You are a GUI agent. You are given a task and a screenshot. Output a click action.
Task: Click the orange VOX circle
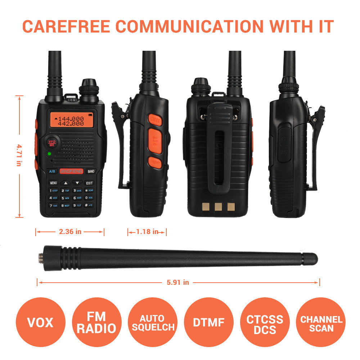coord(40,322)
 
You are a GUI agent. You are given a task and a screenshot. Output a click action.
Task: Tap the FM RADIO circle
coord(96,322)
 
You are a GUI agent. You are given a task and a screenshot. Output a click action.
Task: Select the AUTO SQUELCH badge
coord(152,322)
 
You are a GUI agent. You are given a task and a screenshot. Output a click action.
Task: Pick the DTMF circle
coord(208,322)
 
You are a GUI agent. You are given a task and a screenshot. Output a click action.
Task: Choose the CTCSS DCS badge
coord(265,322)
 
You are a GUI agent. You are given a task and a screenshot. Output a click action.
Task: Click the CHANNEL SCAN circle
coord(321,322)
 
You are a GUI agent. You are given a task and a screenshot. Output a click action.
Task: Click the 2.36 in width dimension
coord(70,232)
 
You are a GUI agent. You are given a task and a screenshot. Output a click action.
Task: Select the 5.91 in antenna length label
coord(178,283)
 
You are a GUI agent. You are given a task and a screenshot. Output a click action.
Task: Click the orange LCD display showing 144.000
coord(69,121)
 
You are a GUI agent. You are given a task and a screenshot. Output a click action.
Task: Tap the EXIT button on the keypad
coord(89,183)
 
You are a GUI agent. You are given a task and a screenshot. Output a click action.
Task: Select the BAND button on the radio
coord(91,171)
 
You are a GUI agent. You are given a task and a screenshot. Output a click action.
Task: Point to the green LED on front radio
coord(49,154)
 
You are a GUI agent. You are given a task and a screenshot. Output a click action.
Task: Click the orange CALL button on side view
coord(155,120)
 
